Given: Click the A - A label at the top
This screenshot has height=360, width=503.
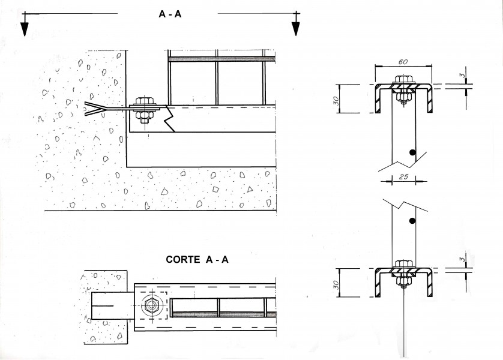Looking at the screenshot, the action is point(170,14).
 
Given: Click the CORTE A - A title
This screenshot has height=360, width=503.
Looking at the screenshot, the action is point(197,259).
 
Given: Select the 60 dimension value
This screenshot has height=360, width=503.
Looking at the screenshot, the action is point(403,62).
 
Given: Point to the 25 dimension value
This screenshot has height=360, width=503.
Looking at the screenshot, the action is point(403,176).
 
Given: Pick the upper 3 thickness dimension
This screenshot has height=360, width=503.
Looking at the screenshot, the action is point(462,76).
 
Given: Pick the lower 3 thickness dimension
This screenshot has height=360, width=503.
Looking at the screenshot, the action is point(462,259).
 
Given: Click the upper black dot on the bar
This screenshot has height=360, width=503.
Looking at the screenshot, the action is point(412,152).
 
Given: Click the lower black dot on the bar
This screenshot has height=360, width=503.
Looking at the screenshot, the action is point(412,221).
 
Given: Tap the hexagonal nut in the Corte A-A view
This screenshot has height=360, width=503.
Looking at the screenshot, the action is point(151,306).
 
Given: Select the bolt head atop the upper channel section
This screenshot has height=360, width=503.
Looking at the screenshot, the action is point(403,79).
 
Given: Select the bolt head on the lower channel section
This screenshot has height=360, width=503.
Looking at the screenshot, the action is point(403,264).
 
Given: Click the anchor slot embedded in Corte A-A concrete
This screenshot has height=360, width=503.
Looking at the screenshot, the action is point(113,306).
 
